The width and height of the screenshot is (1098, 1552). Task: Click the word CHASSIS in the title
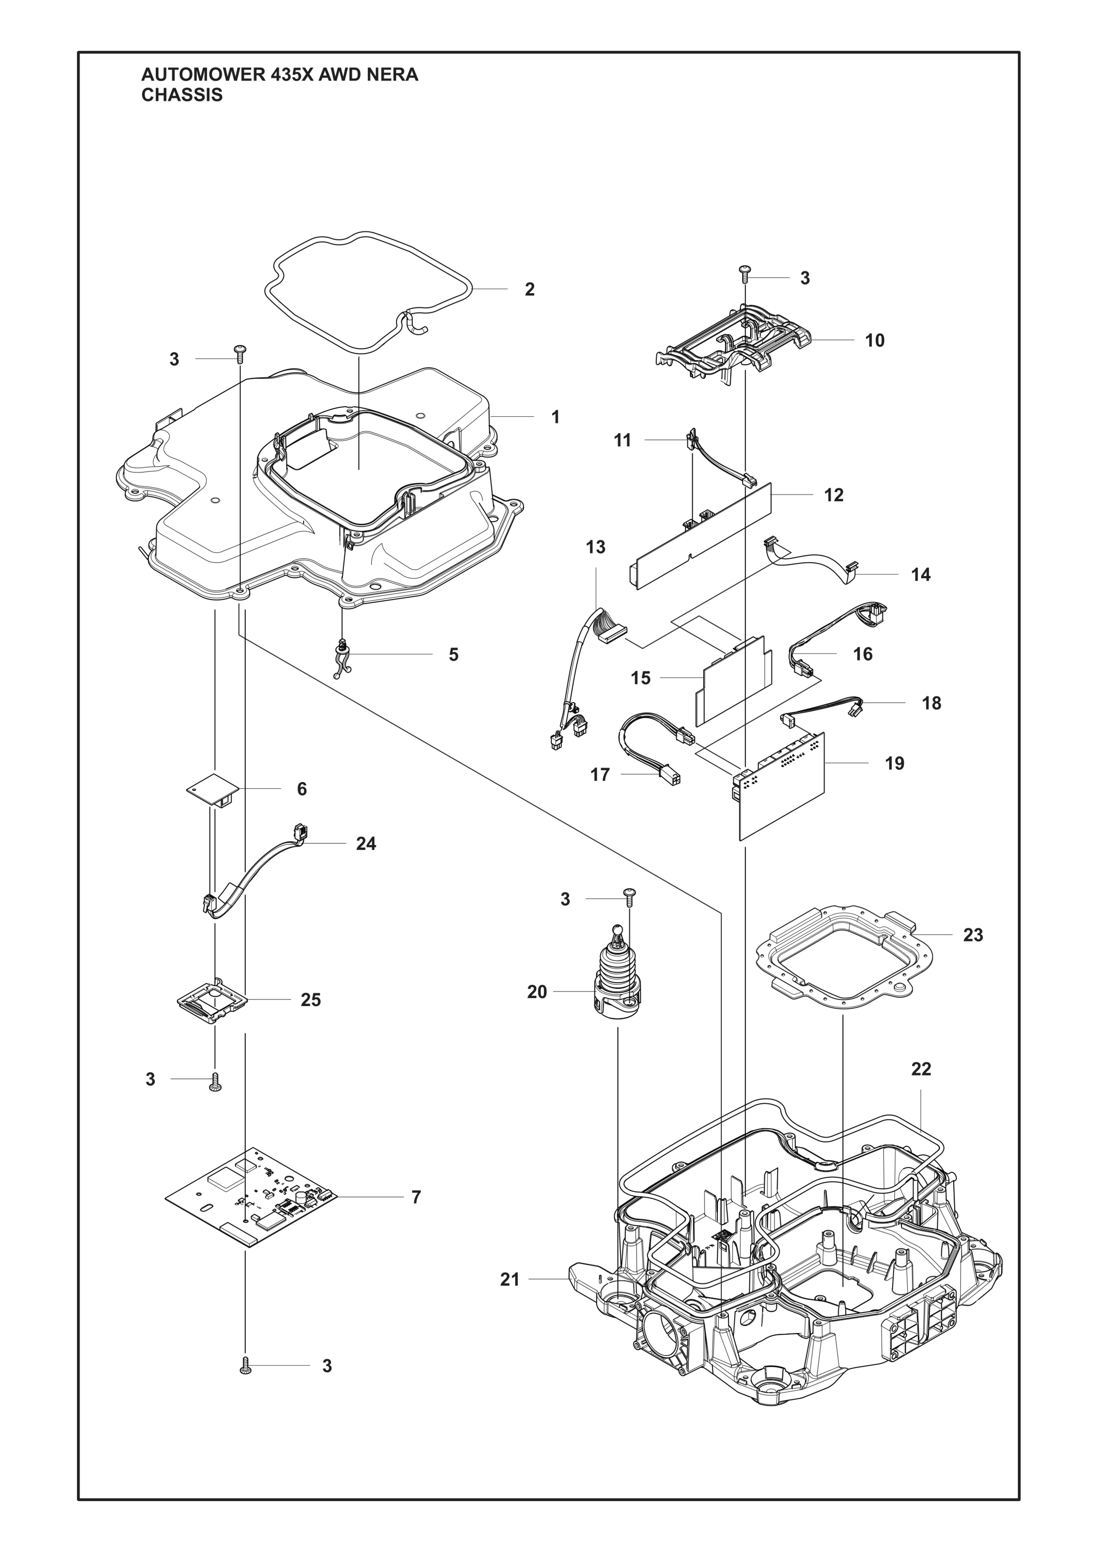(181, 95)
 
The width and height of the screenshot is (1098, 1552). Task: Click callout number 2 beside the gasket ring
(529, 289)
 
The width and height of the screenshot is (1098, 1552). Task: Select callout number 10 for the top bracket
(874, 341)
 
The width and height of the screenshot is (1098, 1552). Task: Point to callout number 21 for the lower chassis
(510, 1279)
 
